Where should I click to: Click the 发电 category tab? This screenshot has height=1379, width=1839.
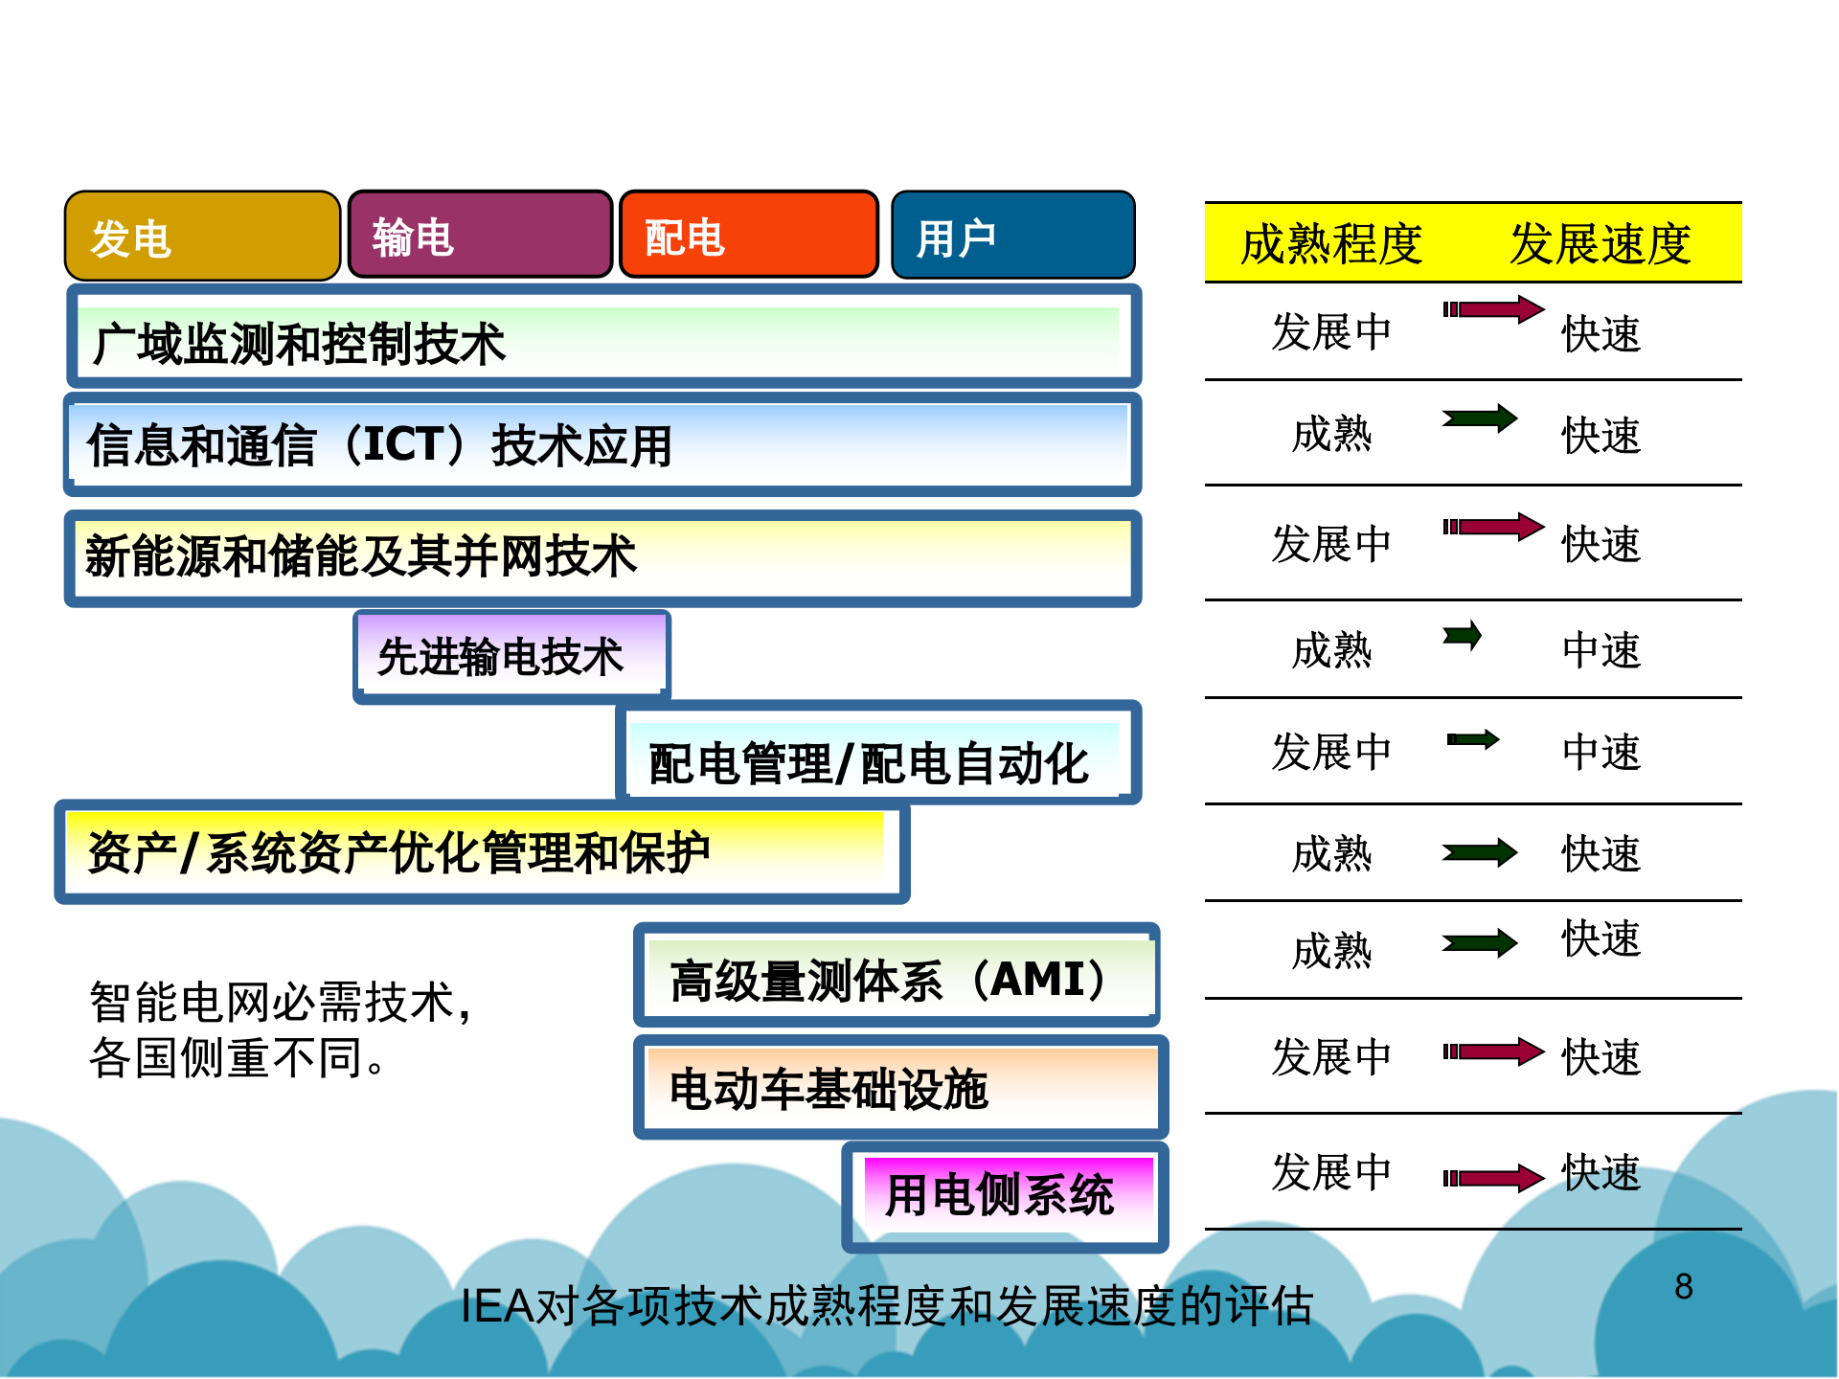point(202,237)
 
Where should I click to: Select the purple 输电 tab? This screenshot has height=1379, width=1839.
point(480,236)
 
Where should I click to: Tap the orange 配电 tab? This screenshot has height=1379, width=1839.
point(749,236)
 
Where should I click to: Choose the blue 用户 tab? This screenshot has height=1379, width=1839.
point(1012,236)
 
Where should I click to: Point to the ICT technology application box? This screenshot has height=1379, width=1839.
point(603,444)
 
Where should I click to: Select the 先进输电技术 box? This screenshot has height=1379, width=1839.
point(511,657)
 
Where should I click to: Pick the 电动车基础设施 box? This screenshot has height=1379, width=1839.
point(900,1088)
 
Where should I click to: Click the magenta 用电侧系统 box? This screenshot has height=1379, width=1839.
point(1006,1195)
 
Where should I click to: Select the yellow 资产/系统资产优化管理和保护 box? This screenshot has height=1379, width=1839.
point(482,852)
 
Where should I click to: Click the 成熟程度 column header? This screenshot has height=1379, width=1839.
point(1331,243)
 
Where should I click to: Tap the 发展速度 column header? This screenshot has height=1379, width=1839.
point(1600,243)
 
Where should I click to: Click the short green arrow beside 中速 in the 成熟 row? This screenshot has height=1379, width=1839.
point(1463,636)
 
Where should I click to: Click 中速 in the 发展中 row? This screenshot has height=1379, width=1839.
point(1601,752)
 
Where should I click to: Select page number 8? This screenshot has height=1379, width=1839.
point(1683,1286)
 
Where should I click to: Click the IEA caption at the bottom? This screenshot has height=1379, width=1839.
point(886,1305)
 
